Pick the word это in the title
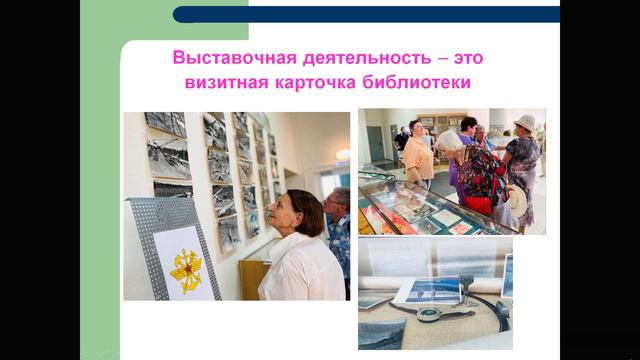466,57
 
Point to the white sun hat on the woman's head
524,122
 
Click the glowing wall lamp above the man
343,155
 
